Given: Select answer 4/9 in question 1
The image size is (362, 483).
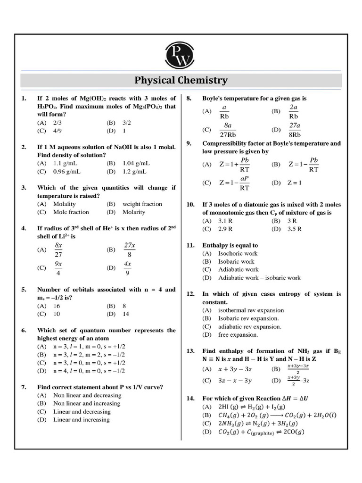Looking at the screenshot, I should click(x=58, y=131).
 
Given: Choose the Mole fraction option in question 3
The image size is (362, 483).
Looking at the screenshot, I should click(x=71, y=212).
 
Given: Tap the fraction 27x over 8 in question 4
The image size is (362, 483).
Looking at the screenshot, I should click(x=130, y=250).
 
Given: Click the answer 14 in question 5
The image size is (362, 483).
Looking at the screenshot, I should click(x=126, y=314).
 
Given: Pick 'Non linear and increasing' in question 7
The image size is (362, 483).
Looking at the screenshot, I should click(x=87, y=403).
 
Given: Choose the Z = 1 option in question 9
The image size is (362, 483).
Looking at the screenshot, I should click(x=295, y=183).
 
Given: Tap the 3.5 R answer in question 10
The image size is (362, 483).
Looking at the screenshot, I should click(x=293, y=229).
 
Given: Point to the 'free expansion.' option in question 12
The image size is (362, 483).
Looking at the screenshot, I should click(x=238, y=335).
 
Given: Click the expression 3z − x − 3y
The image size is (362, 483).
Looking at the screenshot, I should click(x=235, y=380).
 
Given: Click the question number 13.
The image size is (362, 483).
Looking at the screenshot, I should click(x=190, y=351).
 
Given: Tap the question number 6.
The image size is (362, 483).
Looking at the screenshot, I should click(x=24, y=330).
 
